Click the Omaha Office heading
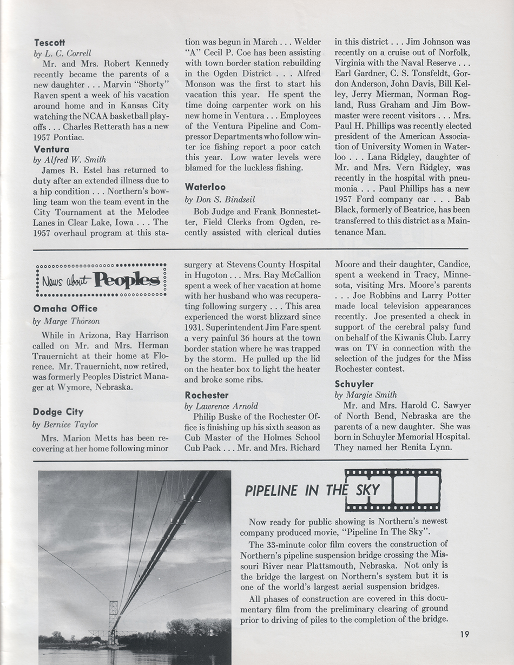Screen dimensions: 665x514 [x=65, y=308]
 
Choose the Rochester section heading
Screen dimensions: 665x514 [x=207, y=395]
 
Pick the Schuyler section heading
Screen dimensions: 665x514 [x=354, y=384]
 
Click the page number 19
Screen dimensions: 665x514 [x=461, y=635]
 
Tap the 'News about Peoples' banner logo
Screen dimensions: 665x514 [x=101, y=279]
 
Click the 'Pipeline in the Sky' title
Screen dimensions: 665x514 [x=312, y=491]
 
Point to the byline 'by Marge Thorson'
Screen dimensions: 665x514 [x=65, y=321]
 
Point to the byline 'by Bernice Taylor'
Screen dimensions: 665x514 [x=65, y=424]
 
